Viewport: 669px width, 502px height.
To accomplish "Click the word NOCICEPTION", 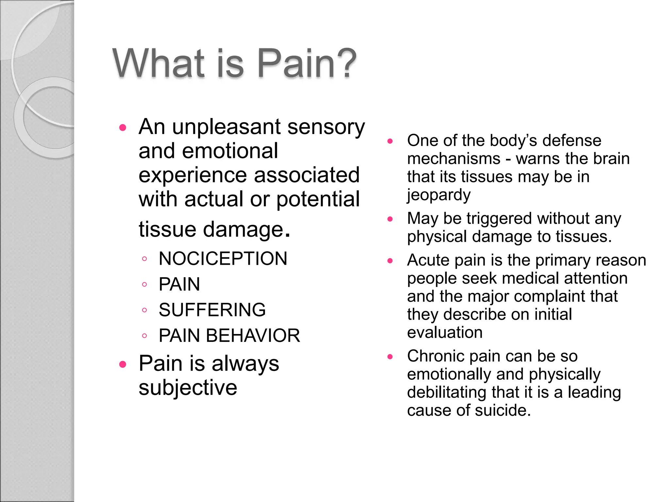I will coord(223,259).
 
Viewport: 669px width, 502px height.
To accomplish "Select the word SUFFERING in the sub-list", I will coord(212,310).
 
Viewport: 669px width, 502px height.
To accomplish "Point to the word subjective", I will coord(188,388).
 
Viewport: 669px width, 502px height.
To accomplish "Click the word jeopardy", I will coord(439,195).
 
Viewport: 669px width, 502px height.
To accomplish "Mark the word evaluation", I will coord(445,332).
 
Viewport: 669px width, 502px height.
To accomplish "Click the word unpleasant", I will coord(226,127).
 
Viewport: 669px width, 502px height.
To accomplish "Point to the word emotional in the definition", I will coord(230,151).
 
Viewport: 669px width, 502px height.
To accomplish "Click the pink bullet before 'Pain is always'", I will coord(123,364).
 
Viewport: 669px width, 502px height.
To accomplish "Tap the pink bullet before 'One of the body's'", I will coord(390,141).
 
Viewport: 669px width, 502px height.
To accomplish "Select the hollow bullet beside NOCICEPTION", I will coord(144,259).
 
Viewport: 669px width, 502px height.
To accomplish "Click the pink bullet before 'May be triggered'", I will coord(390,219).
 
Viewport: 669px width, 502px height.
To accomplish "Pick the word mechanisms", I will coord(454,159).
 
